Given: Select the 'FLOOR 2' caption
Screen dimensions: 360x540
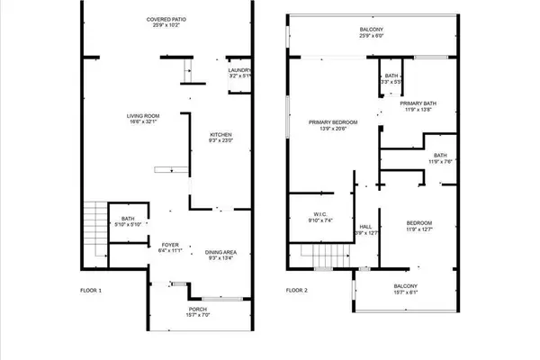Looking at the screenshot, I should pos(297,291).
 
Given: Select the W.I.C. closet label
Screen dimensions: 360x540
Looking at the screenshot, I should pos(320,217).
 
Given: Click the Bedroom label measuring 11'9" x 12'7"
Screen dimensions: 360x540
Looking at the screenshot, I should pos(419,226).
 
